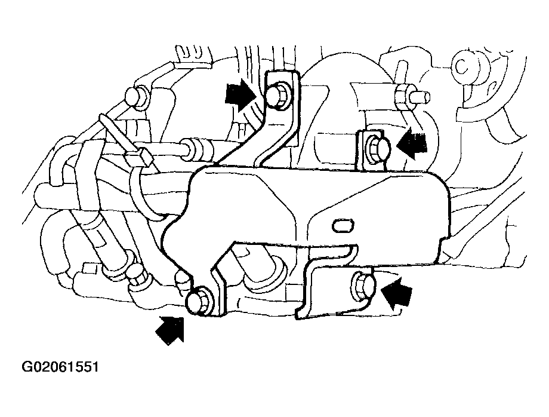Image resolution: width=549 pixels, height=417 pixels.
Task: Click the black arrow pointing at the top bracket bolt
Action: pyautogui.click(x=241, y=94)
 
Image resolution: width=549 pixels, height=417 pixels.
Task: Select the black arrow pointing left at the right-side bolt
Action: pyautogui.click(x=412, y=143)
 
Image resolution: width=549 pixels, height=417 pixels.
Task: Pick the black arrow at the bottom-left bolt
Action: pyautogui.click(x=171, y=329)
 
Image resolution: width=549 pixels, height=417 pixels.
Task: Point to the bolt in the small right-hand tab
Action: pyautogui.click(x=377, y=147)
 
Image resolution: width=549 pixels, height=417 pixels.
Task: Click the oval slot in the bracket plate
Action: pyautogui.click(x=343, y=226)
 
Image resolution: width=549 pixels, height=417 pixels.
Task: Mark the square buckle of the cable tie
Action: pyautogui.click(x=140, y=157)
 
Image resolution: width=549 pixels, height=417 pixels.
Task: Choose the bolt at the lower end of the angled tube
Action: pyautogui.click(x=138, y=275)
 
